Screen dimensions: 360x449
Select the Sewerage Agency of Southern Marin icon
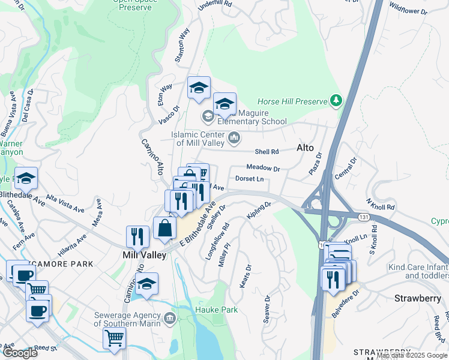click(x=169, y=317)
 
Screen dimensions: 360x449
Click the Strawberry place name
click(x=418, y=298)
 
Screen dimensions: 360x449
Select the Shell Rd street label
click(x=267, y=152)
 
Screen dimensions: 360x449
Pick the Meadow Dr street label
click(x=263, y=169)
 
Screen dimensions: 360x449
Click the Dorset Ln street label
click(x=249, y=179)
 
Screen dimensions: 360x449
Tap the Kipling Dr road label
click(x=259, y=211)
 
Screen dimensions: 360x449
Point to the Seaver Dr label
click(x=267, y=308)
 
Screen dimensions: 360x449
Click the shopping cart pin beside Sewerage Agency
click(x=114, y=337)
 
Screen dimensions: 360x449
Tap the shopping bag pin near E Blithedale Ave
click(x=164, y=228)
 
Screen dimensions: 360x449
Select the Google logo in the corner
click(x=20, y=353)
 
